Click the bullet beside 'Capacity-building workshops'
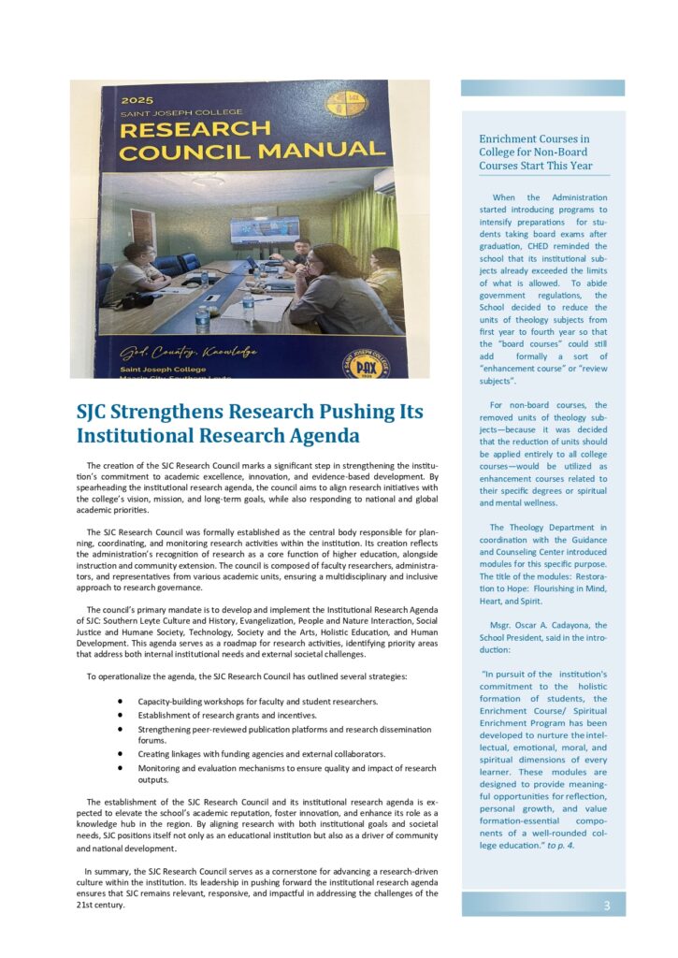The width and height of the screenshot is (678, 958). point(122,701)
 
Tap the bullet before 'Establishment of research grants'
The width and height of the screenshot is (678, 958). point(122,715)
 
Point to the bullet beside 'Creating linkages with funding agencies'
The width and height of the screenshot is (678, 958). point(122,753)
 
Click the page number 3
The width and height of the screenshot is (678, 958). point(607,905)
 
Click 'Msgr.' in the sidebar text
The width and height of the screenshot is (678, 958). point(503,625)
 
